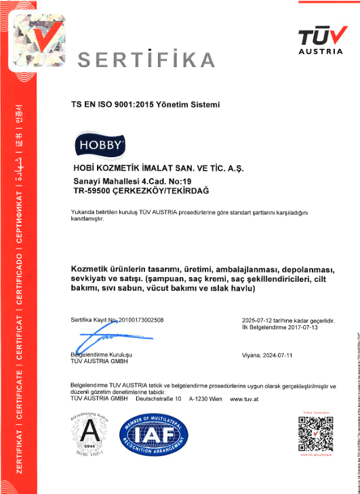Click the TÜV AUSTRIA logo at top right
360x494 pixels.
323,39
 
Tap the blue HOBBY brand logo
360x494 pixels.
99,144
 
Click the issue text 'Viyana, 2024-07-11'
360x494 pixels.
266,355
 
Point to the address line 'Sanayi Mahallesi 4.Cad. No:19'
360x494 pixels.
132,182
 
